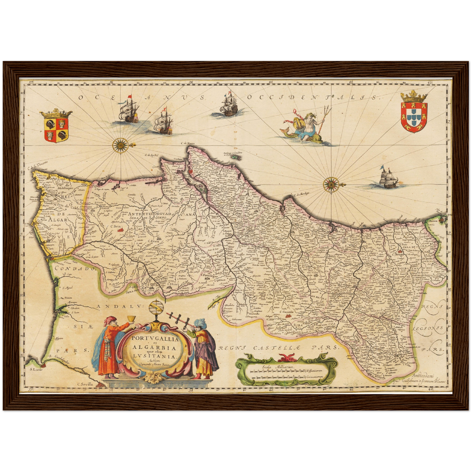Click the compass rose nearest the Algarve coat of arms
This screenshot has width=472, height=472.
pyautogui.click(x=121, y=144)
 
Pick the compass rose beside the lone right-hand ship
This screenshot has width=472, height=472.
pyautogui.click(x=331, y=184)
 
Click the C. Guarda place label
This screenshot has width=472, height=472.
pyautogui.click(x=286, y=312)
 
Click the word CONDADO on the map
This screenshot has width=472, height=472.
pyautogui.click(x=74, y=269)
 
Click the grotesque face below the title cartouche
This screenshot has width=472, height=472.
pyautogui.click(x=153, y=378)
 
